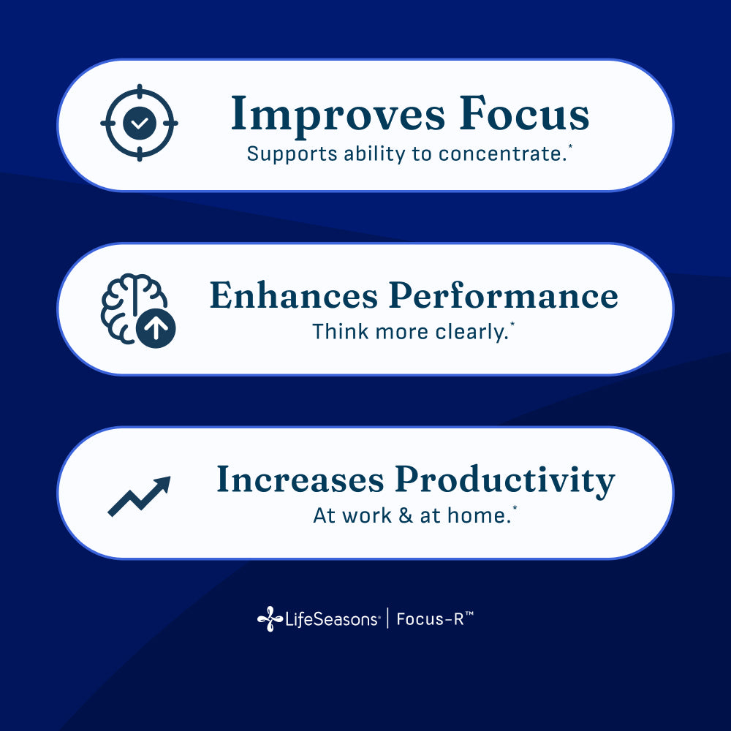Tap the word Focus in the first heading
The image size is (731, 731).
point(524,115)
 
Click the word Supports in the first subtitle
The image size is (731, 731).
point(281,154)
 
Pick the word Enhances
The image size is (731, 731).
point(293,295)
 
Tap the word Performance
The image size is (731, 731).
point(503,297)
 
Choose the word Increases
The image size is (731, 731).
point(300,480)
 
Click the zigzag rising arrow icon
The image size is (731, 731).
point(139,497)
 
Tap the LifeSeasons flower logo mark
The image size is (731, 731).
point(269,619)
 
